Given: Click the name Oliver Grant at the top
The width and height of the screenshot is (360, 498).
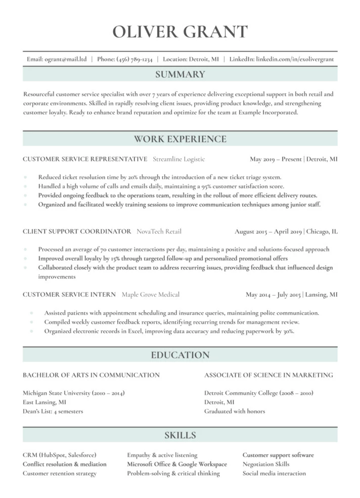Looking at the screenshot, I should tap(180, 31).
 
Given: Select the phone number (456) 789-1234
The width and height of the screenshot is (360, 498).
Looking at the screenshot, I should tap(134, 59).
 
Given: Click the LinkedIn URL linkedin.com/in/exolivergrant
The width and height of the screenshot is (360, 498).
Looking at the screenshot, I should tap(295, 59).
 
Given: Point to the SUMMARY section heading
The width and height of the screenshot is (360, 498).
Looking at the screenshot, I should tap(180, 74).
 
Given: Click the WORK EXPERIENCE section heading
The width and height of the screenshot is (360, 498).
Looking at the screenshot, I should tap(180, 139).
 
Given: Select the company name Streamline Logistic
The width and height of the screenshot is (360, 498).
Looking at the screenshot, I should tap(178, 159).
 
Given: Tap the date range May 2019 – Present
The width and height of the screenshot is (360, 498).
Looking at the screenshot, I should tap(276, 159).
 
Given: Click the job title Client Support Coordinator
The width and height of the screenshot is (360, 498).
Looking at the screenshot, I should tap(77, 231).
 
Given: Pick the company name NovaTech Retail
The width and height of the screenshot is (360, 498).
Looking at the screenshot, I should tap(159, 231).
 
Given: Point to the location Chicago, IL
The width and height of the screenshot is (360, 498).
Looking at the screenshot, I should tap(322, 231).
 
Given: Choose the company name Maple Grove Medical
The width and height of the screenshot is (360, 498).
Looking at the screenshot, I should tap(150, 294).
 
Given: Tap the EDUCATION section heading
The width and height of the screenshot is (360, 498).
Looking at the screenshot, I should tap(180, 355).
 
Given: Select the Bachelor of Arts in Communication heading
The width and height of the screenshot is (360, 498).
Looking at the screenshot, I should tap(91, 375).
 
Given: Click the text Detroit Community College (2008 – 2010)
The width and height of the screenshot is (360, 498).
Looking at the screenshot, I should tap(258, 393).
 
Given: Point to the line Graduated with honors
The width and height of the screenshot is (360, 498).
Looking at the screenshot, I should tap(234, 411).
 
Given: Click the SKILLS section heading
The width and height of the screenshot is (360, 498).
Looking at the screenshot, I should tap(180, 435).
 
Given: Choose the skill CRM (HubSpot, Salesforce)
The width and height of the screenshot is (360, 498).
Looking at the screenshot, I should tap(59, 455).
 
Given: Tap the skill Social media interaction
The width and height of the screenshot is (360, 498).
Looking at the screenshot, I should tap(274, 473).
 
